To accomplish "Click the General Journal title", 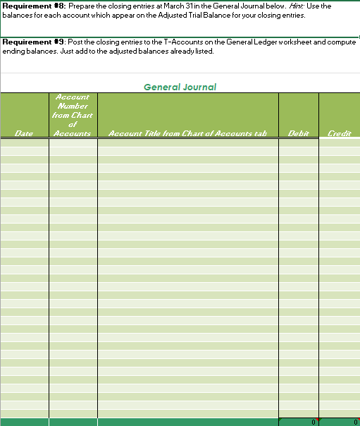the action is tap(180, 87).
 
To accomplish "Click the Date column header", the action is tap(25, 133).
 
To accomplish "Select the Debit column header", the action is tap(298, 133).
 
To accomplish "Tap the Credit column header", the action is tap(339, 133).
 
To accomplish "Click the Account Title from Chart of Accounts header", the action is tap(187, 133).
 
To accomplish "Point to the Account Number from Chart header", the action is tap(73, 114).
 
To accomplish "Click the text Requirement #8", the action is tap(34, 6).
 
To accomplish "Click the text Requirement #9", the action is tap(34, 42).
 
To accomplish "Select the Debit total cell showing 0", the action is tap(299, 422).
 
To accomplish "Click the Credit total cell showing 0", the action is tap(340, 422).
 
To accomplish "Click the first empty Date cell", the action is tap(25, 142).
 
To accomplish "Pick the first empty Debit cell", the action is tap(299, 142).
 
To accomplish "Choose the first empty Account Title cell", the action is tap(187, 142).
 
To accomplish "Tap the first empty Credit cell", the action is tap(340, 142).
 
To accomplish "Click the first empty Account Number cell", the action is tap(73, 142).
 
